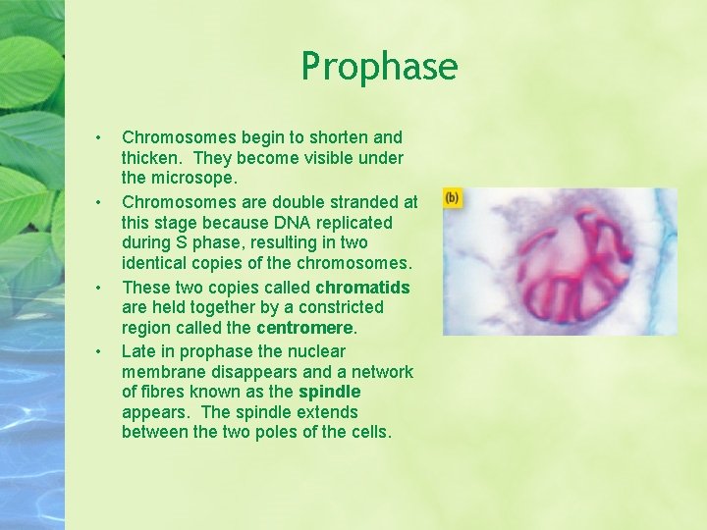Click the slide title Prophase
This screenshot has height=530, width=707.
(379, 67)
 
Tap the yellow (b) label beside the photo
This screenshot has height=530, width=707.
(452, 198)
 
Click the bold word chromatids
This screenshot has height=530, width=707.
(362, 288)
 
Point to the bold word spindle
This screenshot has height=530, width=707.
(329, 392)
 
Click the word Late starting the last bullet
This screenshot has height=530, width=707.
(138, 350)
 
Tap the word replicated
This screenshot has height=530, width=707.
(366, 222)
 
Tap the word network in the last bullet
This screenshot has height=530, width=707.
(381, 372)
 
